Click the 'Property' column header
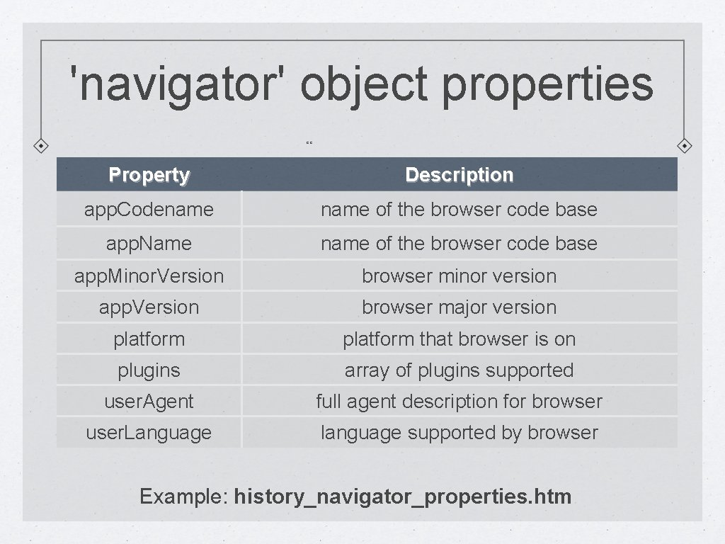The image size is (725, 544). click(x=149, y=175)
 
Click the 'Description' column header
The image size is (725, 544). click(x=459, y=175)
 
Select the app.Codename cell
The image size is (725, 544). click(x=149, y=210)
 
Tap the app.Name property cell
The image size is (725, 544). click(x=149, y=244)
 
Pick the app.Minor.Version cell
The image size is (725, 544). click(x=149, y=276)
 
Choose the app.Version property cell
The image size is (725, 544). click(x=149, y=307)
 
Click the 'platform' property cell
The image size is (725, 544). click(x=149, y=339)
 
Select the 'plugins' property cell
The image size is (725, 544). click(x=149, y=370)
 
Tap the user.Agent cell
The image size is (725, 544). click(x=149, y=402)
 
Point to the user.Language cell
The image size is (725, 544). click(x=149, y=433)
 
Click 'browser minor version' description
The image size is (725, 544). click(x=459, y=276)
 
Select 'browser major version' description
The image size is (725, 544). click(x=459, y=307)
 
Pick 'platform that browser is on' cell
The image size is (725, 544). click(x=459, y=339)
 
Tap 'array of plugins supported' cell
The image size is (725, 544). click(x=459, y=370)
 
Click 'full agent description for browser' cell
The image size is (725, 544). click(x=459, y=402)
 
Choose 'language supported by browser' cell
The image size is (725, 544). click(x=459, y=433)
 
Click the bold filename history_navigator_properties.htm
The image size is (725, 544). click(x=402, y=497)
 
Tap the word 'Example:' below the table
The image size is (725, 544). click(x=183, y=497)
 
